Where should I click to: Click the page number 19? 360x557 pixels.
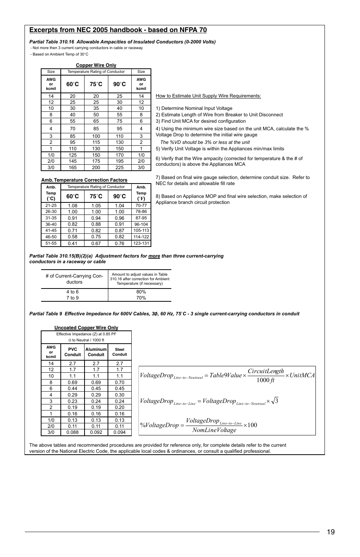tap(331, 532)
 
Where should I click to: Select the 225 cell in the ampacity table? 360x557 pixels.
tap(119, 167)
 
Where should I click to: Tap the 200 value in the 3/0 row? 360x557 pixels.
tap(96, 167)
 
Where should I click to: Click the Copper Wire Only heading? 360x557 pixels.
tap(96, 65)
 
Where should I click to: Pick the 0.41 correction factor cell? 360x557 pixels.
tap(72, 244)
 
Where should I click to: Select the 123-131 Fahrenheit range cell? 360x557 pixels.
tap(141, 243)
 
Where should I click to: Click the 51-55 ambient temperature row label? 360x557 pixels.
tap(51, 243)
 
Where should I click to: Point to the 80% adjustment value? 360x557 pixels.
tap(141, 292)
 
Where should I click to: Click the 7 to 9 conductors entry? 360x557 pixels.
tap(72, 298)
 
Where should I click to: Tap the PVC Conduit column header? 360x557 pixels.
tap(72, 352)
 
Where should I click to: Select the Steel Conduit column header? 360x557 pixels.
tap(119, 352)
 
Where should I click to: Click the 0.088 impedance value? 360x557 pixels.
tap(72, 432)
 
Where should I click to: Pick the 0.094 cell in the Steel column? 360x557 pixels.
tap(119, 432)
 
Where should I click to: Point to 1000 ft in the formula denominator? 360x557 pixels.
tap(265, 380)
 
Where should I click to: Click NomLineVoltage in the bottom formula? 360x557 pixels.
tap(214, 430)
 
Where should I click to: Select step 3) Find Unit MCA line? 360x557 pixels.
tap(201, 121)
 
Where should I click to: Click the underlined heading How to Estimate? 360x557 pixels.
tap(208, 96)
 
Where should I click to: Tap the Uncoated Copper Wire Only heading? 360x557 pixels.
tap(86, 328)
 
